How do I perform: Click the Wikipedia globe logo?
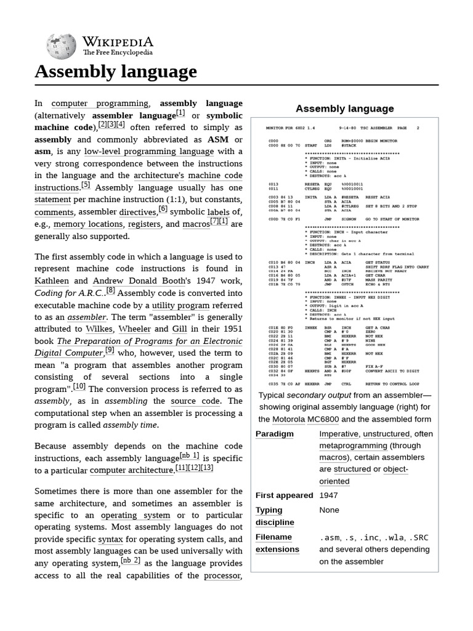(x=61, y=47)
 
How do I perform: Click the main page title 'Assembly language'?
(x=116, y=71)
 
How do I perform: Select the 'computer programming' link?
(x=100, y=104)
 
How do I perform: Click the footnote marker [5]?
(x=85, y=185)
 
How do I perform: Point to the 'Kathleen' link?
(x=52, y=280)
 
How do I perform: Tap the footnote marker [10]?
(x=79, y=386)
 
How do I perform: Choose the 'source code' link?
(x=195, y=401)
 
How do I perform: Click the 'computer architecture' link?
(x=131, y=470)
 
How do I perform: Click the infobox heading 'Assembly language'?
(x=344, y=109)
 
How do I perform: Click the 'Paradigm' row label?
(x=275, y=434)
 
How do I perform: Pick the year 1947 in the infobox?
(x=328, y=495)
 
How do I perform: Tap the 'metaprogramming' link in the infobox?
(x=352, y=446)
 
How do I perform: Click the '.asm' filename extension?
(x=329, y=537)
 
